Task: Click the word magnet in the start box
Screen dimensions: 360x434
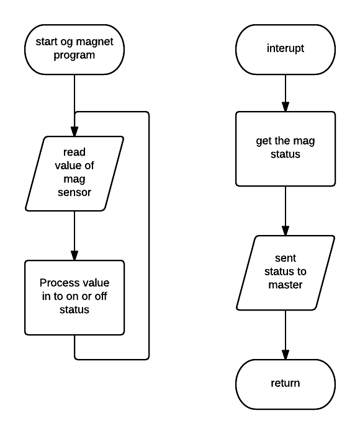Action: [x=94, y=42]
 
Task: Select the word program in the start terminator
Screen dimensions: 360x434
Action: [x=74, y=55]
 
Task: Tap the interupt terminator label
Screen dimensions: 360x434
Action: [x=286, y=48]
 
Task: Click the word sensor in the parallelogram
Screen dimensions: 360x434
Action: [x=74, y=192]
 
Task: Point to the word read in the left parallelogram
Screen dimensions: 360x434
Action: [x=74, y=152]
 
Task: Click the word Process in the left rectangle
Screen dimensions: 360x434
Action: [x=56, y=283]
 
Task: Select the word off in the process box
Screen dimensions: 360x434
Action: [x=101, y=296]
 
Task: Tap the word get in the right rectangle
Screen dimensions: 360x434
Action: [x=263, y=141]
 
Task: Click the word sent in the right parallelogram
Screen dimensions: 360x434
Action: [x=286, y=259]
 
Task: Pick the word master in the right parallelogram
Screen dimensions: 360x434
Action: [x=286, y=285]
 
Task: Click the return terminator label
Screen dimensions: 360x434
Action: [x=286, y=383]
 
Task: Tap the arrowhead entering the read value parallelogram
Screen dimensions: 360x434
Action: [x=74, y=131]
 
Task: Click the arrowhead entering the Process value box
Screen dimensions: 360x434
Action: [x=74, y=255]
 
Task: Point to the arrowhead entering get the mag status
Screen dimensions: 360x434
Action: [x=286, y=107]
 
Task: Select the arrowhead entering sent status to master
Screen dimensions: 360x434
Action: [x=286, y=231]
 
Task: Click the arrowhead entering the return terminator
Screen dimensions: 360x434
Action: [x=286, y=355]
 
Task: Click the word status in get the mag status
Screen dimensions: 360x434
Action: [x=286, y=154]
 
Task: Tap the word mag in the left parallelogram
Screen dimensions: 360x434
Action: [x=74, y=179]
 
